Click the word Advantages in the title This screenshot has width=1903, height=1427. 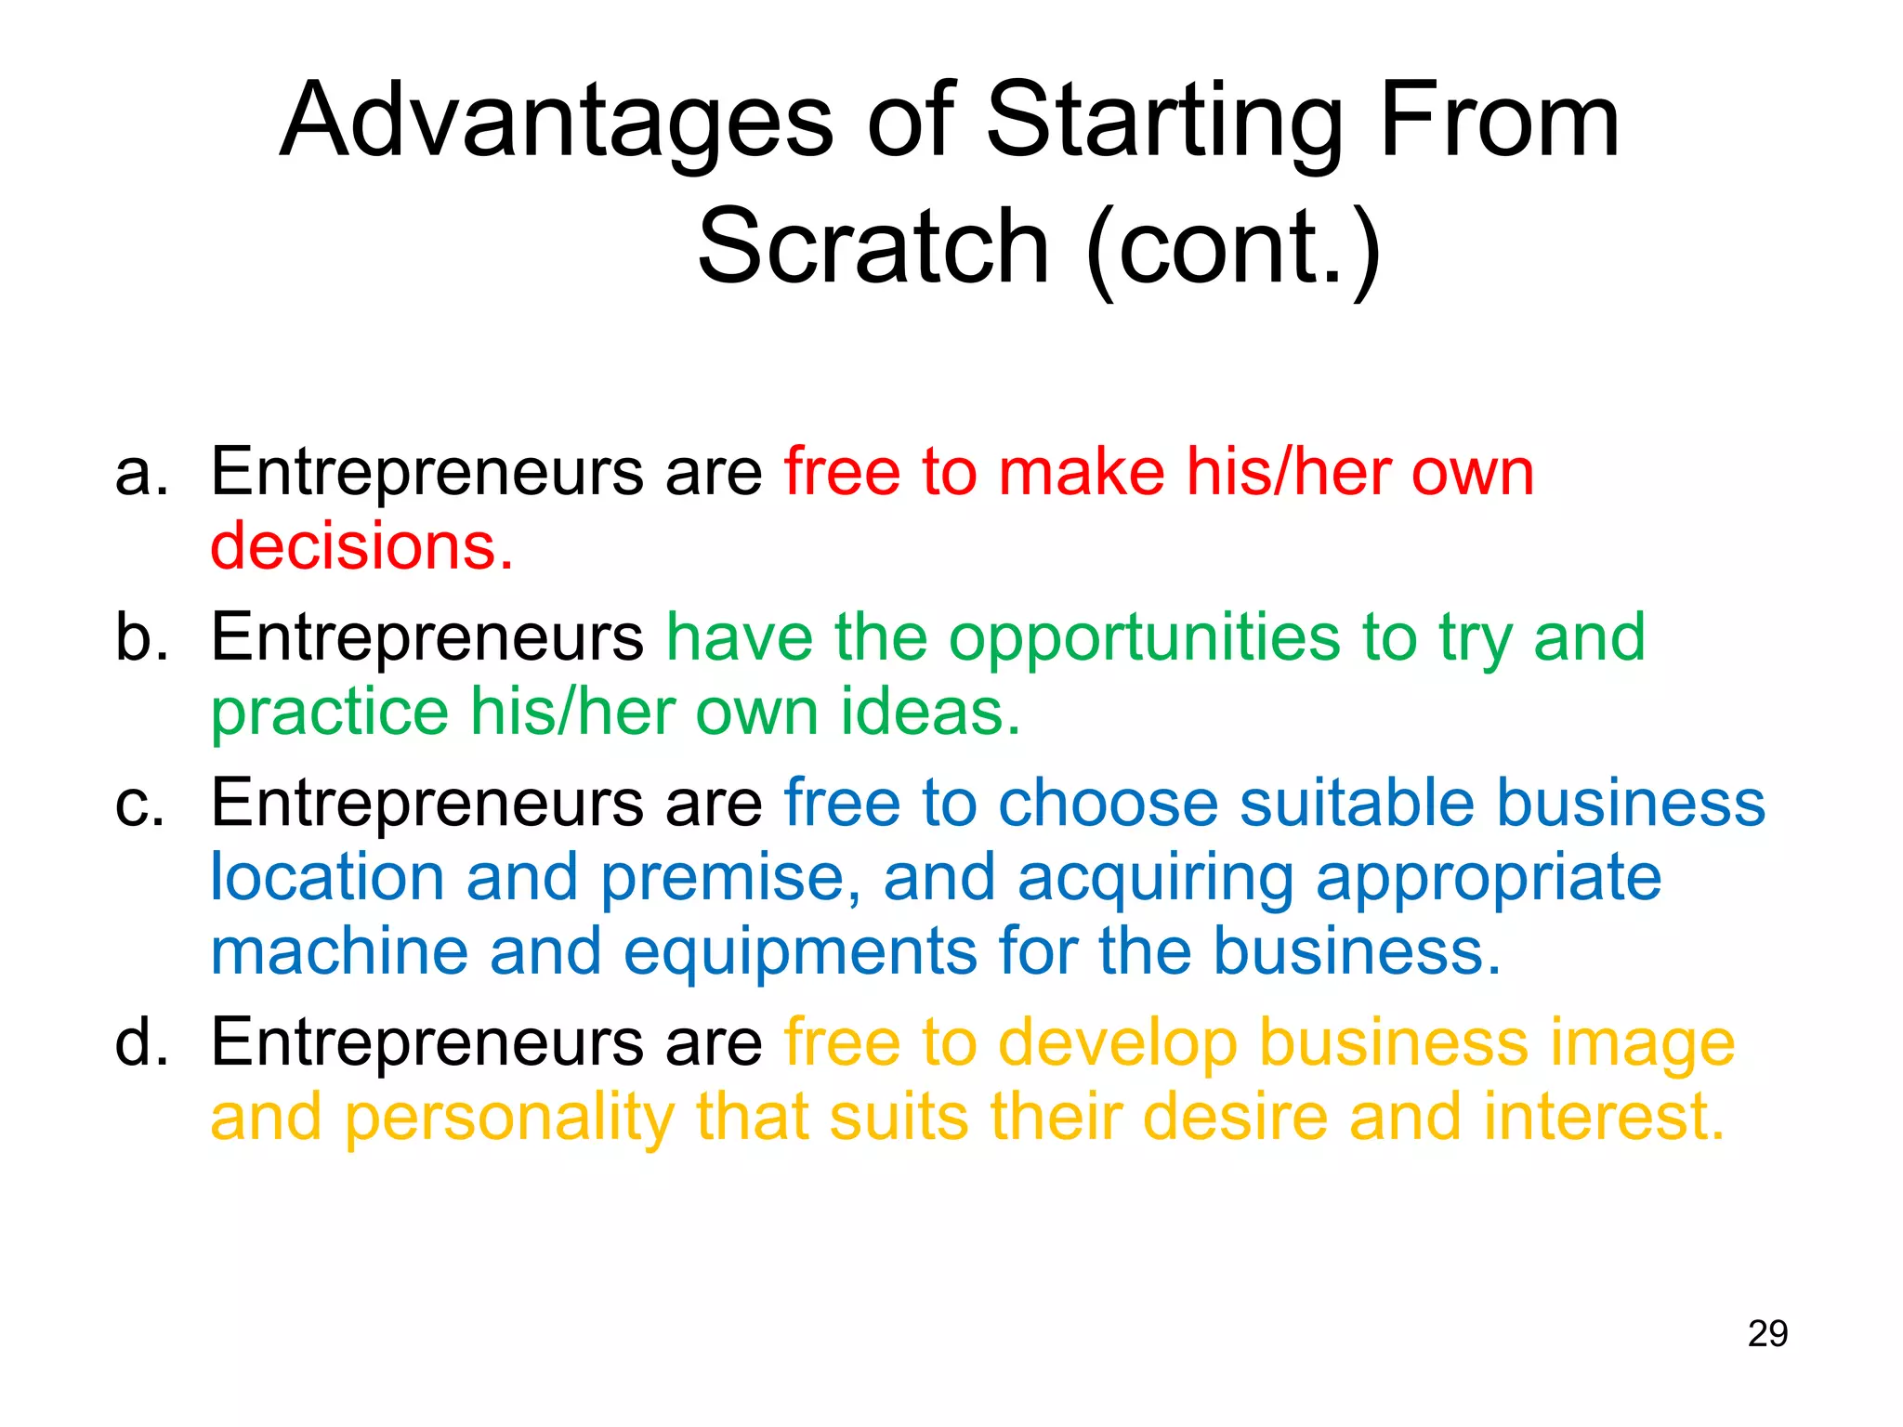tap(557, 122)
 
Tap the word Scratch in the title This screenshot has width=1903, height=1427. tap(873, 247)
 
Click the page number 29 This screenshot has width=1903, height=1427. tap(1767, 1333)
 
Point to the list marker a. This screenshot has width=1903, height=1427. tap(141, 473)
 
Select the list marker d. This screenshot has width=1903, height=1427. tap(141, 1042)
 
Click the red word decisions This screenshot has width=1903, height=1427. tap(361, 545)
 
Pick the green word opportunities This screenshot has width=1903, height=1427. tap(1145, 639)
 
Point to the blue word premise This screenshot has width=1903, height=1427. tap(730, 878)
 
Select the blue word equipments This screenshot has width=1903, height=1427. tap(800, 954)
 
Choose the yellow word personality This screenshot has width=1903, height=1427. tap(509, 1119)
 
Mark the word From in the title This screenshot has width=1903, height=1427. tap(1500, 122)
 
